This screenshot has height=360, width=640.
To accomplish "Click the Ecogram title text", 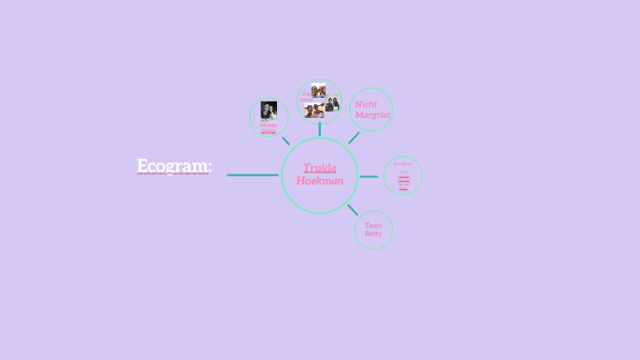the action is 174,165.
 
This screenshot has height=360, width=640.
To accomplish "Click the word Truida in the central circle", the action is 320,167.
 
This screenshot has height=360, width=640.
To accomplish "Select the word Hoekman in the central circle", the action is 320,181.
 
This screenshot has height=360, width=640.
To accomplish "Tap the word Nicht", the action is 366,104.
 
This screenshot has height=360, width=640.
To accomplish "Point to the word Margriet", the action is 372,115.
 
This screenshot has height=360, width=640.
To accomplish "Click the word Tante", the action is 373,225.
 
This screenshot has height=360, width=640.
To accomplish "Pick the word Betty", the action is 373,234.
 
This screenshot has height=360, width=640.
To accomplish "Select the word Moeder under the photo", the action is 269,125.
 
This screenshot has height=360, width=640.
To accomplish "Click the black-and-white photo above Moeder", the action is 269,111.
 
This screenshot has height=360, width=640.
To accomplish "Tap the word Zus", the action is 304,92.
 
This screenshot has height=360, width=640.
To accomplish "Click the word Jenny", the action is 305,99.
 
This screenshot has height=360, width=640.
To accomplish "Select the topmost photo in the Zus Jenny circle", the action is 318,90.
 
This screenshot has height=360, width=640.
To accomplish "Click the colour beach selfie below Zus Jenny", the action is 314,111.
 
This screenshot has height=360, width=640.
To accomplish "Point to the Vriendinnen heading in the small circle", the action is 403,164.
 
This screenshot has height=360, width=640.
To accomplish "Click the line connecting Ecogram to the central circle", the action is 252,175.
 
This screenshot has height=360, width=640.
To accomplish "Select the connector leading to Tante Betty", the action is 352,209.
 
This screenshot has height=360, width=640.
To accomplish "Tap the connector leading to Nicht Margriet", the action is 354,137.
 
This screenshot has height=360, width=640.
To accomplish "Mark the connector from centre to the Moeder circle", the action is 285,141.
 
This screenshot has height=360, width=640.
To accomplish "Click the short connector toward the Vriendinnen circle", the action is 368,175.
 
